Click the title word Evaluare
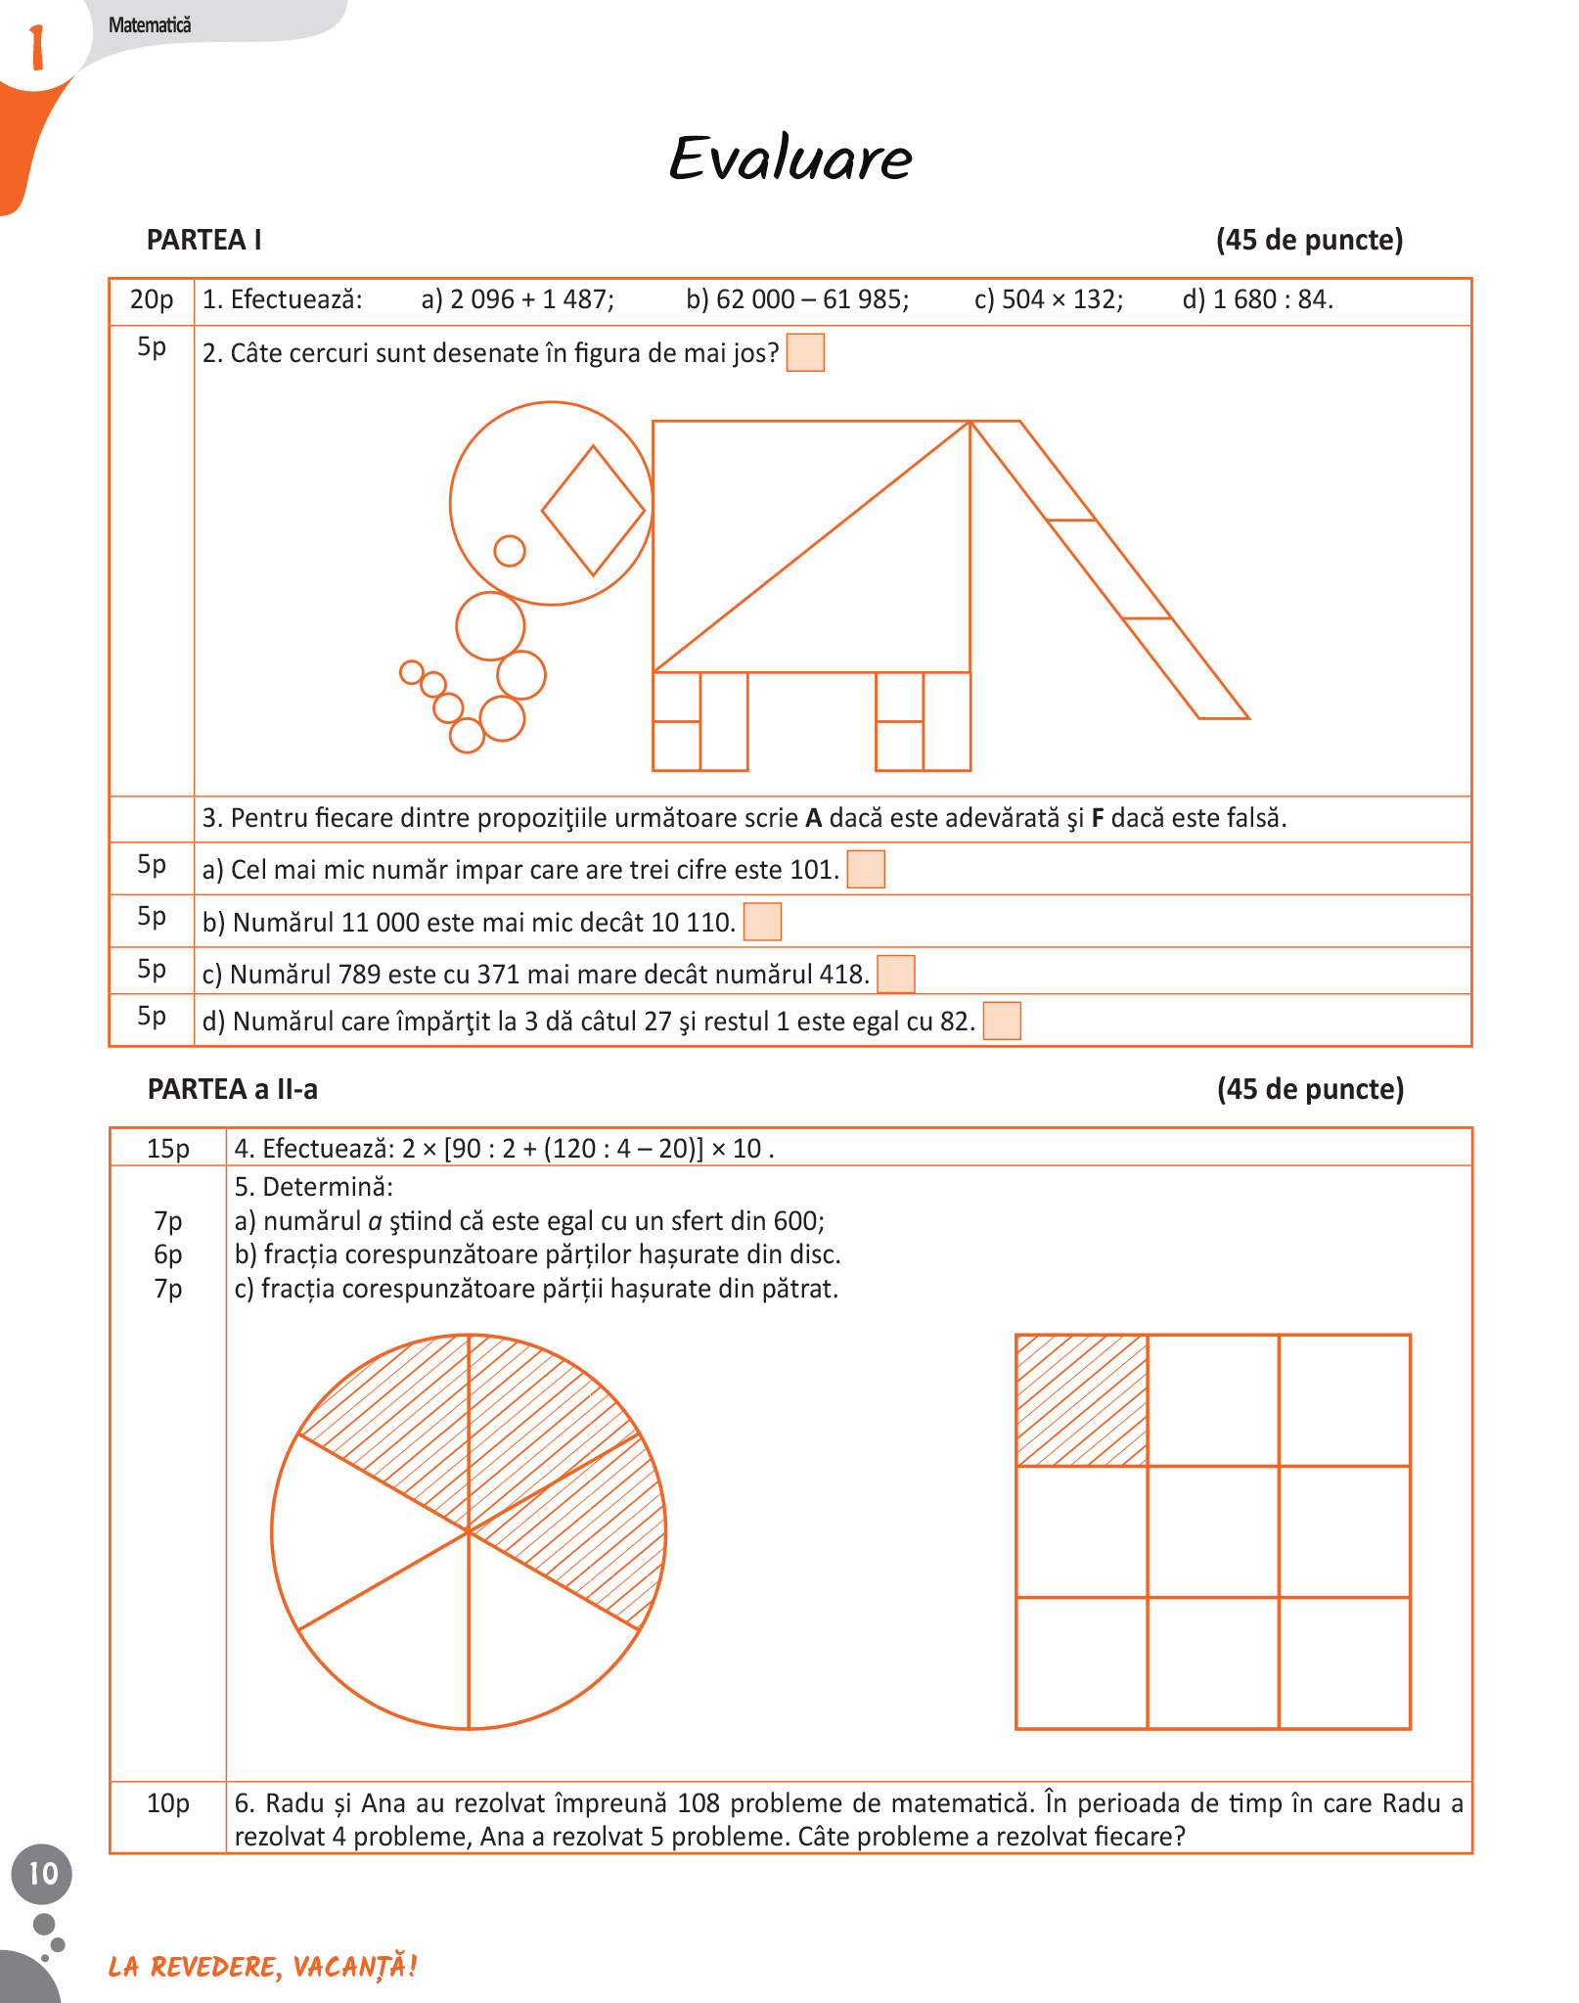pyautogui.click(x=790, y=159)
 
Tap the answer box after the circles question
pyautogui.click(x=805, y=352)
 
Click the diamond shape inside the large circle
pyautogui.click(x=594, y=511)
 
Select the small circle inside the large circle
pyautogui.click(x=510, y=551)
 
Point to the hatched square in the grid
pyautogui.click(x=1081, y=1400)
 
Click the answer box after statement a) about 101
pyautogui.click(x=866, y=869)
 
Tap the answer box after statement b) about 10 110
pyautogui.click(x=762, y=922)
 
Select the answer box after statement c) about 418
pyautogui.click(x=896, y=974)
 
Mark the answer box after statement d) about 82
pyautogui.click(x=1002, y=1021)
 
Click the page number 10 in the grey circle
pyautogui.click(x=42, y=1874)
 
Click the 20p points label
pyautogui.click(x=152, y=299)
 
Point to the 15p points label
pyautogui.click(x=168, y=1149)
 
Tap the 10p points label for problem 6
pyautogui.click(x=168, y=1803)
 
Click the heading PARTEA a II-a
pyautogui.click(x=233, y=1089)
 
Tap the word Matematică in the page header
pyautogui.click(x=150, y=25)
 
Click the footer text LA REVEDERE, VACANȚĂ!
pyautogui.click(x=263, y=1967)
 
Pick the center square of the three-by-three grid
pyautogui.click(x=1213, y=1531)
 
